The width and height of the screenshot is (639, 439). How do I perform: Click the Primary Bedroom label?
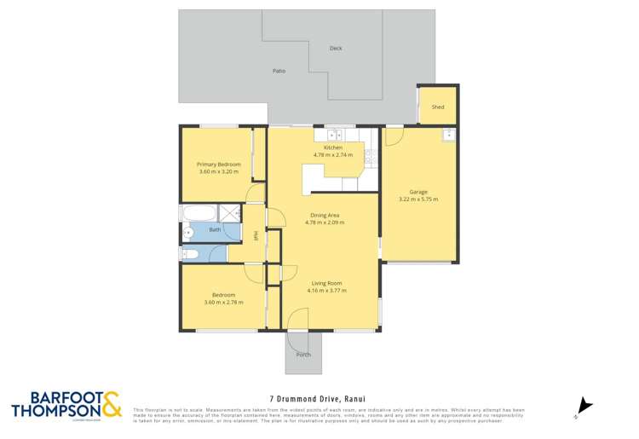[x=218, y=164]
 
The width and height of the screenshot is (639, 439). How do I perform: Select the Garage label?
[x=418, y=192]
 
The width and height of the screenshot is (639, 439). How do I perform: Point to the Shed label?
[x=438, y=107]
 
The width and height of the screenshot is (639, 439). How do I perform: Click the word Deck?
[x=336, y=49]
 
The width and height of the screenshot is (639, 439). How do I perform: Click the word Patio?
[x=279, y=71]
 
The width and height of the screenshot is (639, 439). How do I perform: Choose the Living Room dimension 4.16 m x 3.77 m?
[x=326, y=291]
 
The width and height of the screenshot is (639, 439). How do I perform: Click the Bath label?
[x=215, y=230]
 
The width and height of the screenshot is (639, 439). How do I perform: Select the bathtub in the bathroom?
[x=198, y=212]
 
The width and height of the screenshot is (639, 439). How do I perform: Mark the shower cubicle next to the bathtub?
[x=229, y=212]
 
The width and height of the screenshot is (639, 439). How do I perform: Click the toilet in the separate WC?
[x=189, y=254]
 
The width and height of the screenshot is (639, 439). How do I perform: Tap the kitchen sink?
[x=335, y=134]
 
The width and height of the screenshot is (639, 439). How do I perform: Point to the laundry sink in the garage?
[x=448, y=135]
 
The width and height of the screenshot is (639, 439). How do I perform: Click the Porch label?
[x=303, y=355]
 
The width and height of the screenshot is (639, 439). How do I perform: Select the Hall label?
[x=256, y=235]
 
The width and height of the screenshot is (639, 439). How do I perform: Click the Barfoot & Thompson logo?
[x=66, y=405]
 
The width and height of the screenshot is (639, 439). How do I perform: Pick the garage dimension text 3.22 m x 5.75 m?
[x=418, y=199]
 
